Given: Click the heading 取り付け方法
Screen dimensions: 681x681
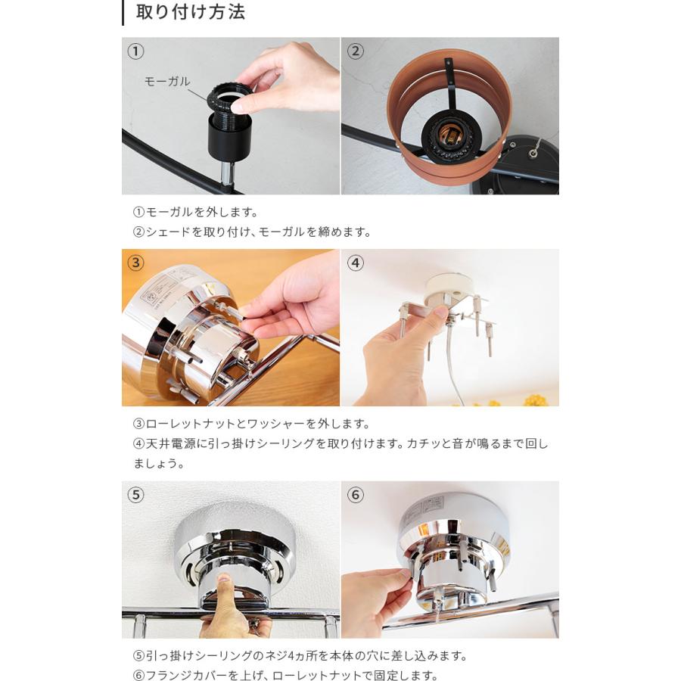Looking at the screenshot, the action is [x=190, y=12].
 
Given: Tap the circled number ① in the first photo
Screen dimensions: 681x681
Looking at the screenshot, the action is [x=135, y=51].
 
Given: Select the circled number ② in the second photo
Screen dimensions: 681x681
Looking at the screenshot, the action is [x=356, y=51].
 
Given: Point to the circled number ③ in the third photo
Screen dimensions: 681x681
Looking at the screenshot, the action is [x=135, y=263].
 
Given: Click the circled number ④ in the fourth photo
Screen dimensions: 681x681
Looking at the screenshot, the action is [x=356, y=263].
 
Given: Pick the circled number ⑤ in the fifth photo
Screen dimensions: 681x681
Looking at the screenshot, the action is [x=135, y=495].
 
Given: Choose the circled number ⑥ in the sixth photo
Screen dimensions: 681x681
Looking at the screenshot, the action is [x=356, y=495].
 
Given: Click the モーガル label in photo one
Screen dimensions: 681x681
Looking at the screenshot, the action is [x=167, y=81].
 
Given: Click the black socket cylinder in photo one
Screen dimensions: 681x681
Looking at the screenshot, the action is [x=229, y=138].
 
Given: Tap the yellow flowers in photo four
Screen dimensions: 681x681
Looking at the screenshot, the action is [x=536, y=400].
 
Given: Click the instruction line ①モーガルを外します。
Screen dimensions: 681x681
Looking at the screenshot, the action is [x=195, y=212].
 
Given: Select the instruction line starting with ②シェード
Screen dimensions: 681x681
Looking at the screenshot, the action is [x=252, y=232].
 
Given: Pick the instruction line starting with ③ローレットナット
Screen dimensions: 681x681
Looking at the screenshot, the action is [x=252, y=424].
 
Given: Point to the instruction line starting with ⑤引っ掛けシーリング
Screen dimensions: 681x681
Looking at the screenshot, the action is [x=300, y=655].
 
